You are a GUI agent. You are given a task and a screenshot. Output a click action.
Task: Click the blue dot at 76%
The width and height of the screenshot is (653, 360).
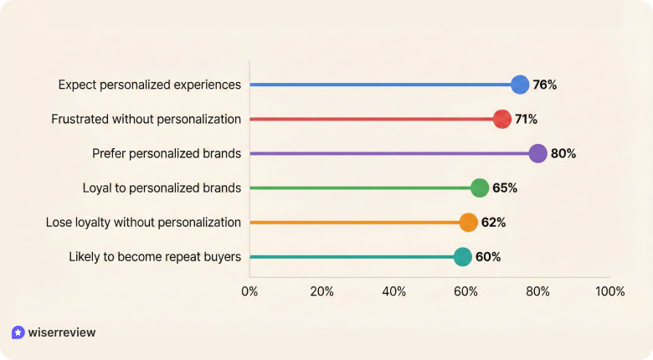pos(520,85)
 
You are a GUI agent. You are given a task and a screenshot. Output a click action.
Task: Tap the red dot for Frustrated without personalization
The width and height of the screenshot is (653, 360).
pos(502,119)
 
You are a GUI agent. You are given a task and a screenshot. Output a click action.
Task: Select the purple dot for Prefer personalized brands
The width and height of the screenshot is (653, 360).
pos(537,153)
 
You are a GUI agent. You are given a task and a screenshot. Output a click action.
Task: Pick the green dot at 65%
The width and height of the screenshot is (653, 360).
pos(480,188)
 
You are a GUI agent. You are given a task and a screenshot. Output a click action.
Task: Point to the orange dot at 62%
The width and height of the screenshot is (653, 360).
pos(469,222)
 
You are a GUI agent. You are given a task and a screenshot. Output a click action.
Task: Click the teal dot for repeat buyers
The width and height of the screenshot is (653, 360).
pos(462,256)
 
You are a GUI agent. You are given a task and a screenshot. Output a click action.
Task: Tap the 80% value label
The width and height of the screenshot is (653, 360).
pos(563,153)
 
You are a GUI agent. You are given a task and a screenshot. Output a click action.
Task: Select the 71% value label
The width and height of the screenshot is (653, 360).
pos(526,119)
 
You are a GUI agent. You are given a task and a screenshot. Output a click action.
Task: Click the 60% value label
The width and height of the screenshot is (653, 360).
pos(488,256)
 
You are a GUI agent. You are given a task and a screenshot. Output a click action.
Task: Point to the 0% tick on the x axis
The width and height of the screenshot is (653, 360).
pos(249,291)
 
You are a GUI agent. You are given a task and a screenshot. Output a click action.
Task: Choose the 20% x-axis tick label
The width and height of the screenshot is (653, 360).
pos(321,291)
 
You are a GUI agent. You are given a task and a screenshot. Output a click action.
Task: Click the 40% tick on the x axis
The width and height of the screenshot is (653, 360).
pos(393,291)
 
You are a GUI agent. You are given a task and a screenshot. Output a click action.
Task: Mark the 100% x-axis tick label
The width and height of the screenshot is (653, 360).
pos(609,291)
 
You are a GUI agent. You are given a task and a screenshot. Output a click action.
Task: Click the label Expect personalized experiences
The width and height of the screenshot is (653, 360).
pos(150,85)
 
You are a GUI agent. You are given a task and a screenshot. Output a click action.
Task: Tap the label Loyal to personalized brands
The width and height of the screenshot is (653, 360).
pos(162,188)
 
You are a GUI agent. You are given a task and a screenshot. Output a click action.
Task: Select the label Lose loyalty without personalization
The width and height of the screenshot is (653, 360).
pos(143,222)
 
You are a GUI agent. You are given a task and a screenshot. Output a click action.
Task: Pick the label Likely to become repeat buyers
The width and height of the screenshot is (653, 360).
pos(155,256)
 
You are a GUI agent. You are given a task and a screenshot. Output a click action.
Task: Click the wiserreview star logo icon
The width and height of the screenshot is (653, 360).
pos(18,332)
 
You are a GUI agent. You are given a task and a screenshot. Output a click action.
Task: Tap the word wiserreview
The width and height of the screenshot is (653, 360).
pos(62,332)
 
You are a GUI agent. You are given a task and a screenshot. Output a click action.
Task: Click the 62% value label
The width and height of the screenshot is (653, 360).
pos(494,222)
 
